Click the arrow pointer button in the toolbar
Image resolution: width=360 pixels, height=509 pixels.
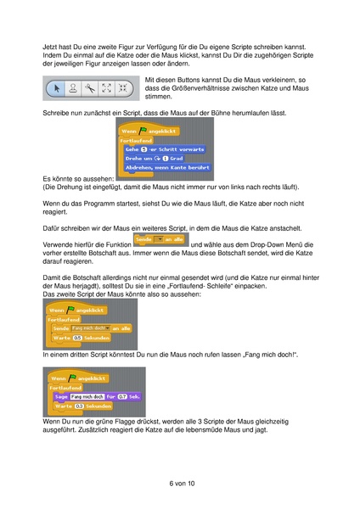pyautogui.click(x=54, y=87)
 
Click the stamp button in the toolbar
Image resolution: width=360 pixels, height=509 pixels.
pyautogui.click(x=71, y=87)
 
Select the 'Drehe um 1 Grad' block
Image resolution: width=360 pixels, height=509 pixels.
pyautogui.click(x=157, y=158)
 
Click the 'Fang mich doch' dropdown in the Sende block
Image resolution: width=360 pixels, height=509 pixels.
pyautogui.click(x=88, y=327)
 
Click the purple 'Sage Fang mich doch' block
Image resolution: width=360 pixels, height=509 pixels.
pyautogui.click(x=93, y=396)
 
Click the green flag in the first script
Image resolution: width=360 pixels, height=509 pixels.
pyautogui.click(x=145, y=130)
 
